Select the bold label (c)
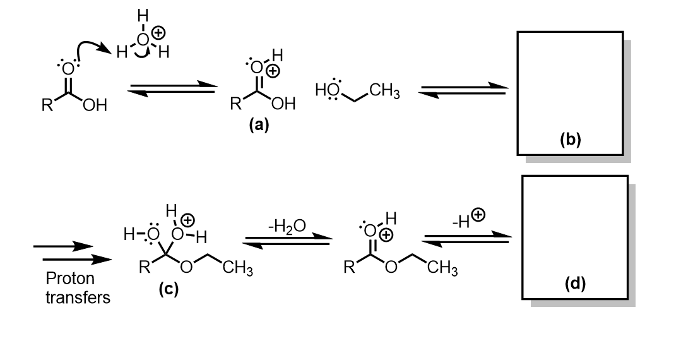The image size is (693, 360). tap(168, 290)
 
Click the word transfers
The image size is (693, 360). tap(78, 296)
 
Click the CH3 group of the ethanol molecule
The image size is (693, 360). tap(385, 93)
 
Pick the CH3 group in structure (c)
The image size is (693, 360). tap(238, 271)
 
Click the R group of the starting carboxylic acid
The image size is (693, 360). tap(46, 105)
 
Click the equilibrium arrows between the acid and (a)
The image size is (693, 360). tap(171, 89)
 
